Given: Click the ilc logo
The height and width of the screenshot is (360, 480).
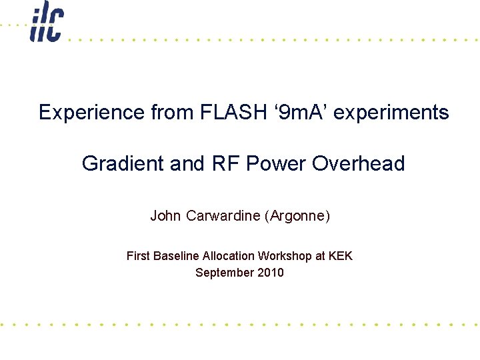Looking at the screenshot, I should tap(47, 21).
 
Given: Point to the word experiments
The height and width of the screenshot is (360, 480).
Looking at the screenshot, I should tap(391, 113).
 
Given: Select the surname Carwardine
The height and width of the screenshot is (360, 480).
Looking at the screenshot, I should tap(221, 216).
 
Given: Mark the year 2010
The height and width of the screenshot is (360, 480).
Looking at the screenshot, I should tap(271, 273).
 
